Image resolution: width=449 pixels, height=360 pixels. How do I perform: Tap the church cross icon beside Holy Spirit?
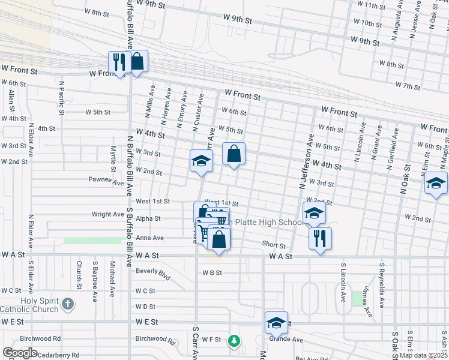pyautogui.click(x=68, y=304)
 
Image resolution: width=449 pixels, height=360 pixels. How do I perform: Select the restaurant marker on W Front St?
pyautogui.click(x=119, y=62)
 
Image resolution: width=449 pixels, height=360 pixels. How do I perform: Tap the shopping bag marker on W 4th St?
pyautogui.click(x=234, y=154)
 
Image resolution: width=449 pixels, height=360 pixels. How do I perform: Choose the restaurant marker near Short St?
pyautogui.click(x=320, y=239)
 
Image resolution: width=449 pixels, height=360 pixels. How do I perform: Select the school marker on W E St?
pyautogui.click(x=276, y=323)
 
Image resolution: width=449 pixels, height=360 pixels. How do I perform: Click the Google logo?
pyautogui.click(x=20, y=353)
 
